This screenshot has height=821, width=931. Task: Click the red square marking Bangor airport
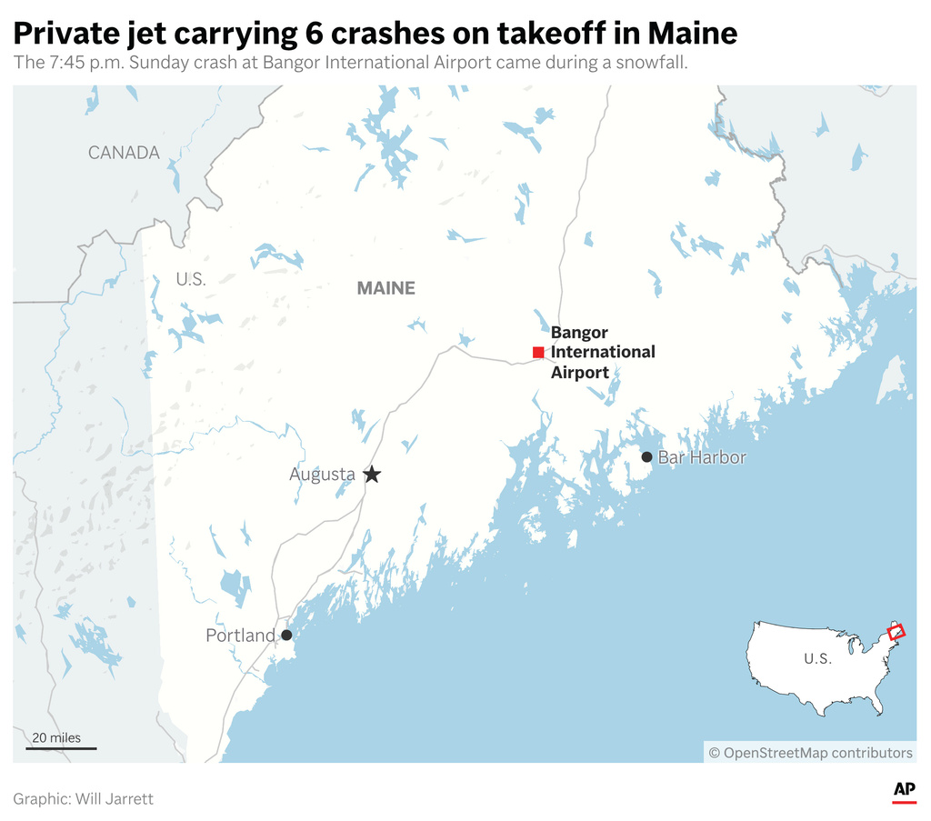point(538,352)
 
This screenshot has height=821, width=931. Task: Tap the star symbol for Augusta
point(371,475)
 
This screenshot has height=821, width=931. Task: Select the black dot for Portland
point(286,636)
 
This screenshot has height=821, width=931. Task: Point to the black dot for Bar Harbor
point(646,457)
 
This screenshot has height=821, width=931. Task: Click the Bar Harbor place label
point(701,457)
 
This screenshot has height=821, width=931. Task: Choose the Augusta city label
point(322,475)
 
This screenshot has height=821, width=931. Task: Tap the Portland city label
point(240,636)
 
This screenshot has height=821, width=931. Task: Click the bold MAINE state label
point(385,288)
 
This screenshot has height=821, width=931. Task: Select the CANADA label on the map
point(124,153)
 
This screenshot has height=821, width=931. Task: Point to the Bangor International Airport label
point(602,352)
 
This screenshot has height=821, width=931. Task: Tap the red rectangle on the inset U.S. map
point(896,631)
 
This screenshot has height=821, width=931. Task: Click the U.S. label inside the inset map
point(817,659)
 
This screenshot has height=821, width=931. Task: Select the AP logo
point(904,790)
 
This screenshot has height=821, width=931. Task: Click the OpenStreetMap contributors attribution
point(810,753)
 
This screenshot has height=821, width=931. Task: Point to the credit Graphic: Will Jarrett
point(84,799)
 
